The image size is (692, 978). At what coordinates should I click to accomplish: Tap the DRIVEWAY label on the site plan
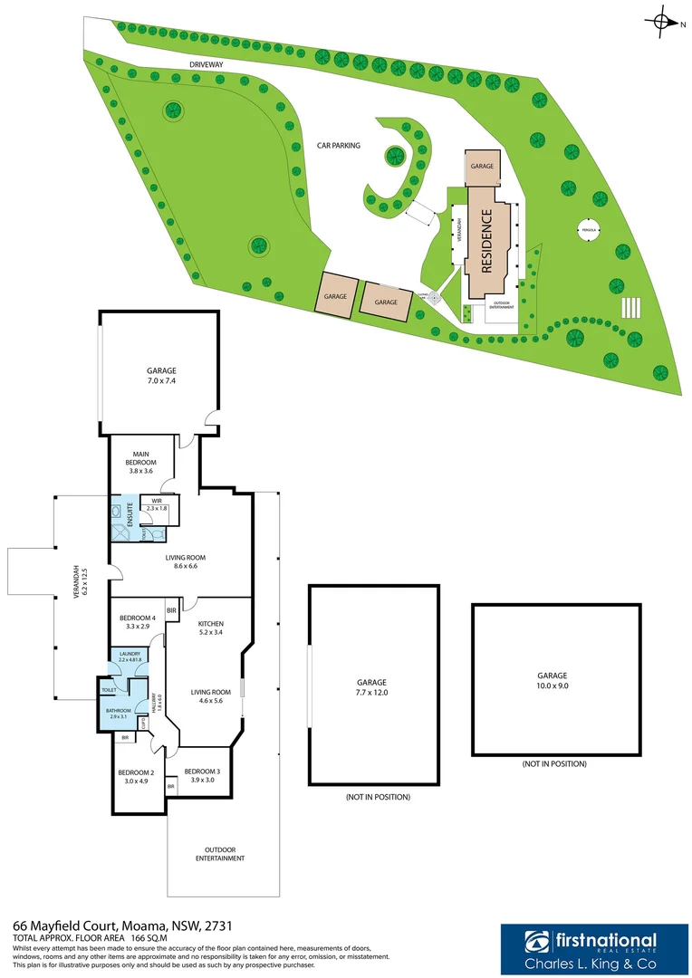pyautogui.click(x=207, y=65)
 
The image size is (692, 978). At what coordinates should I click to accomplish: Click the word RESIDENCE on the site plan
pyautogui.click(x=486, y=241)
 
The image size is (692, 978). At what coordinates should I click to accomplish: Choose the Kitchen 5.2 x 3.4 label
pyautogui.click(x=211, y=628)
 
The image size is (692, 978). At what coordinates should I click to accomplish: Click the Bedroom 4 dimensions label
pyautogui.click(x=137, y=622)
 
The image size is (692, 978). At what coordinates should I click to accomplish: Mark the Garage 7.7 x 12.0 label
pyautogui.click(x=371, y=687)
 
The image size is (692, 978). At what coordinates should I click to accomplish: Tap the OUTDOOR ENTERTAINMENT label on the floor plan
pyautogui.click(x=222, y=853)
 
